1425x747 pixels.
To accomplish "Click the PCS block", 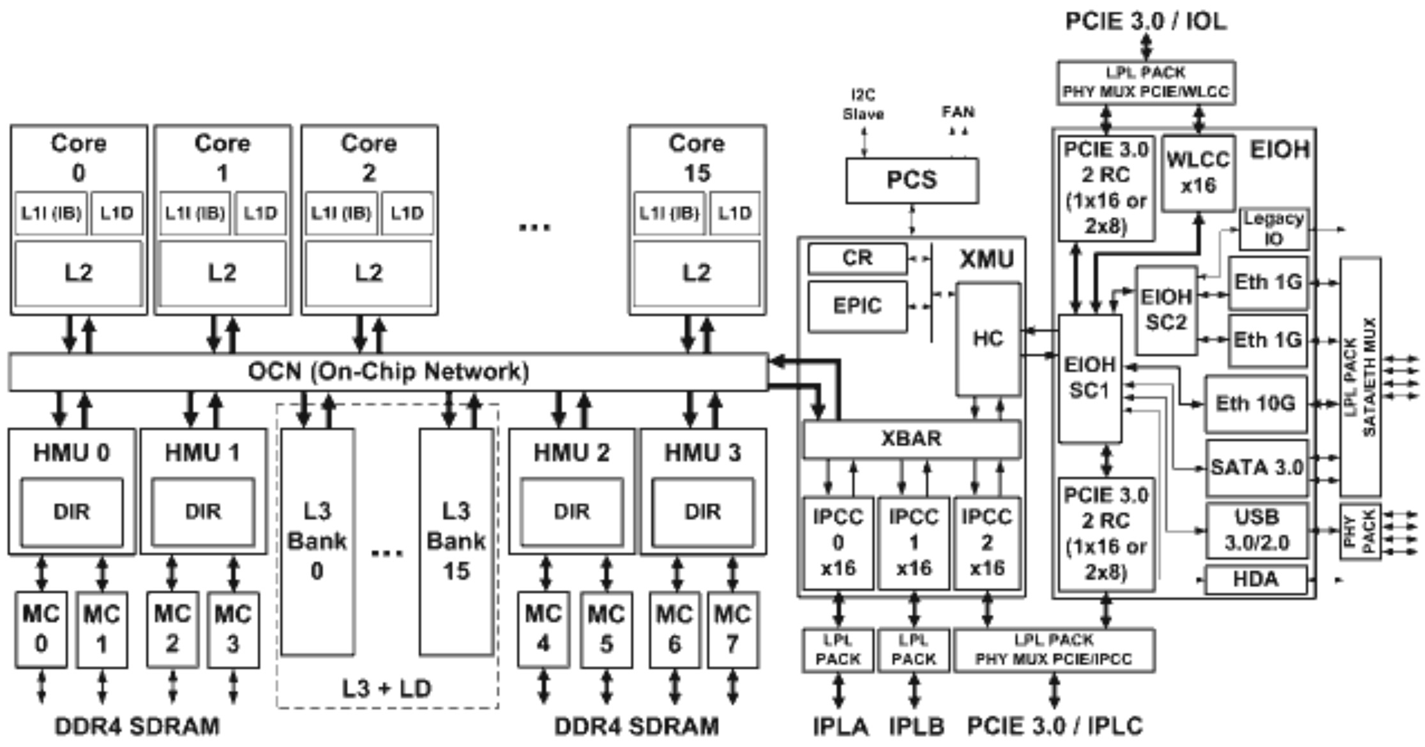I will pyautogui.click(x=912, y=181).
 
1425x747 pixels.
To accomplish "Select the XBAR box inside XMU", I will pyautogui.click(x=911, y=439).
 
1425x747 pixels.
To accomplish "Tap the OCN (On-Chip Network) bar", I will pyautogui.click(x=388, y=372).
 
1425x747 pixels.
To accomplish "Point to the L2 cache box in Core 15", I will pyautogui.click(x=697, y=273).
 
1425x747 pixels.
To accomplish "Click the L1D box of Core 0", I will pyautogui.click(x=117, y=213).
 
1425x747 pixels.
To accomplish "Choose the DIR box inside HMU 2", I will pyautogui.click(x=571, y=512).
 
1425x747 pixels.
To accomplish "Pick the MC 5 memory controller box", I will pyautogui.click(x=606, y=630).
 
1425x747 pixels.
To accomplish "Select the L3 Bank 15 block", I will pyautogui.click(x=456, y=541).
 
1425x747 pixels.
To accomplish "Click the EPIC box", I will pyautogui.click(x=857, y=306).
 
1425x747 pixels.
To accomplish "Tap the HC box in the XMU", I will pyautogui.click(x=988, y=339).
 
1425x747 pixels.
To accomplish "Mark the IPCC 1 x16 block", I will pyautogui.click(x=914, y=543).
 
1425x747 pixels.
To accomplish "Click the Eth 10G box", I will pyautogui.click(x=1255, y=404).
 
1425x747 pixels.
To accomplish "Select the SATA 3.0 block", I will pyautogui.click(x=1256, y=468).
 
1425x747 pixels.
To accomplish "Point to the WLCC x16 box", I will pyautogui.click(x=1198, y=173).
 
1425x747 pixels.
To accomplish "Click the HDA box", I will pyautogui.click(x=1255, y=580).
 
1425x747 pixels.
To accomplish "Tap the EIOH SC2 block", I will pyautogui.click(x=1166, y=310).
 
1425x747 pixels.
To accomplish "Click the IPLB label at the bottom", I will pyautogui.click(x=916, y=727).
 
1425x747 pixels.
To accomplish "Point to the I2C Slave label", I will pyautogui.click(x=863, y=105).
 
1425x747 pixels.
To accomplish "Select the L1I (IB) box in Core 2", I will pyautogui.click(x=341, y=213).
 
